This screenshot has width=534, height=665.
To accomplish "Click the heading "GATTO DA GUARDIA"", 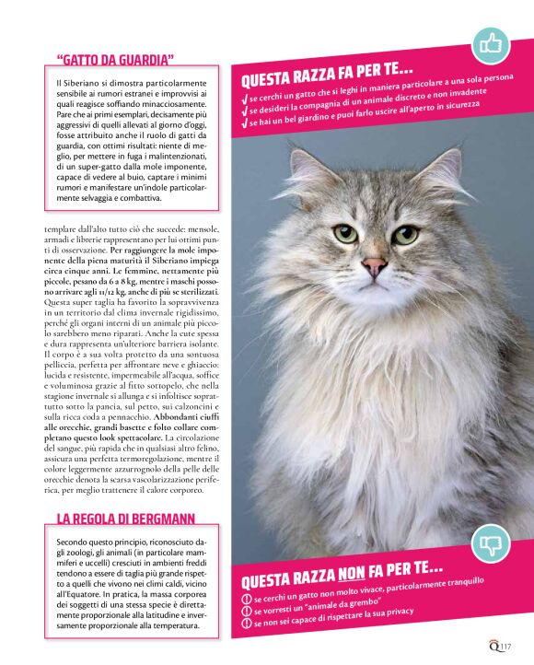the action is point(115,61).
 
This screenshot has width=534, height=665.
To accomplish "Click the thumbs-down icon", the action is point(490,545).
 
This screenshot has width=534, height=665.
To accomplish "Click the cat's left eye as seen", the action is point(344,233).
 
